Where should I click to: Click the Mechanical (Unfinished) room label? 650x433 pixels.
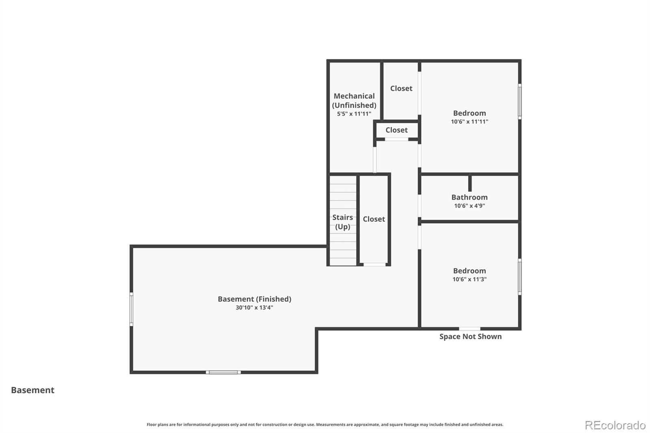354,100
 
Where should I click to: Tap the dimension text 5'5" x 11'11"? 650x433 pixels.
354,114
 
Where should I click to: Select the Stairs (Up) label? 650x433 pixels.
342,222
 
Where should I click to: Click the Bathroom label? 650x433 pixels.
469,197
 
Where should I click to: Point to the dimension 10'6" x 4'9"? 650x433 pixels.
469,206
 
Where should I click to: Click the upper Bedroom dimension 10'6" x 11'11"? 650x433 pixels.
469,121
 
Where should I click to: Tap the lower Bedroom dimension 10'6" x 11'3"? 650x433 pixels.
469,279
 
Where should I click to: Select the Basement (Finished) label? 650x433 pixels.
254,299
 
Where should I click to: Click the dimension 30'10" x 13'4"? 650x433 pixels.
254,307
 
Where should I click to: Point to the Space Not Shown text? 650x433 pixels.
470,336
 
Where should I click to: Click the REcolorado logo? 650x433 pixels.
615,425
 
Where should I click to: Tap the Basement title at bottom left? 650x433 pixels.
32,390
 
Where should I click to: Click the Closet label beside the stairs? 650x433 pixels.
374,219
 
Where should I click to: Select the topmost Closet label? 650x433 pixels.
401,88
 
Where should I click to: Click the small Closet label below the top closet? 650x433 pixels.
396,130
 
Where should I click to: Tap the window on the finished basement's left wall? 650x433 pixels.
131,309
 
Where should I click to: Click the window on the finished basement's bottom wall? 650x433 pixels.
223,372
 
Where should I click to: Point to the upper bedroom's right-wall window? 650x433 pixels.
520,101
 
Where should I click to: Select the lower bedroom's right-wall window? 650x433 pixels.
520,277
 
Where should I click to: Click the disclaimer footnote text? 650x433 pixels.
325,424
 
